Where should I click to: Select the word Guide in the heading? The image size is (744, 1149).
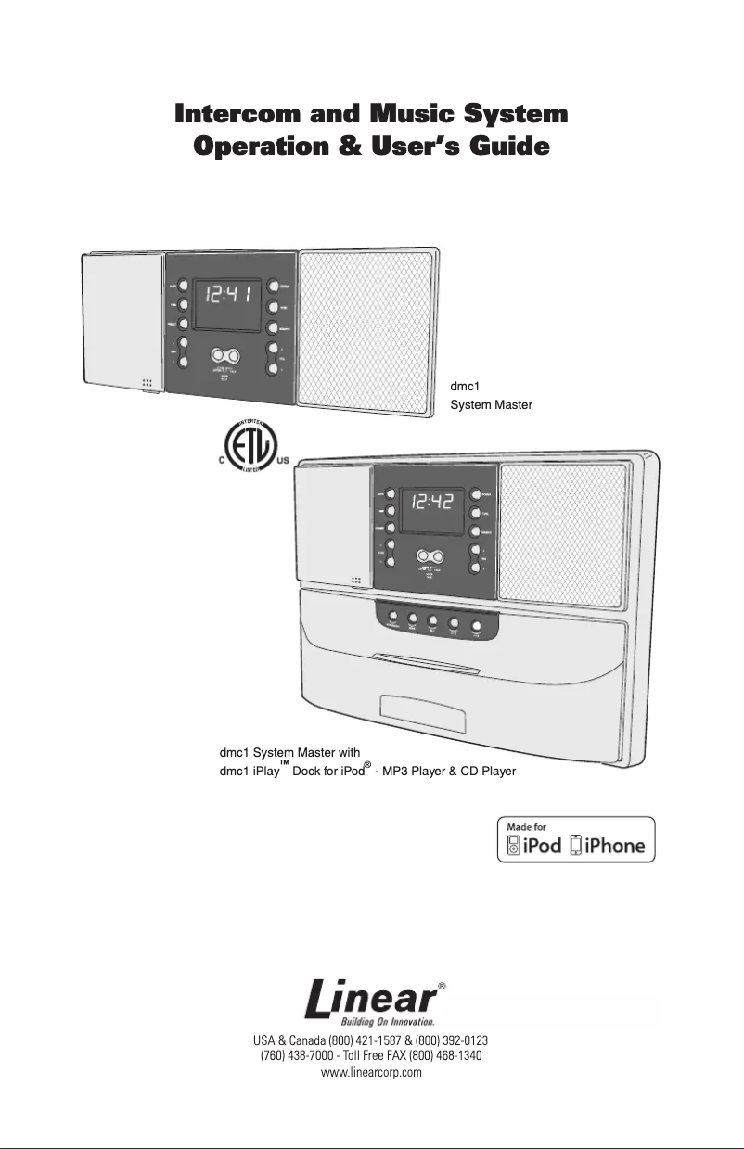(511, 147)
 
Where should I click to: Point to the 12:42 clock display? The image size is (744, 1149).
(434, 504)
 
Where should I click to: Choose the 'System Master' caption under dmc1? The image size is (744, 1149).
(491, 404)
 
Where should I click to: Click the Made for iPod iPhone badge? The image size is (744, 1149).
(575, 839)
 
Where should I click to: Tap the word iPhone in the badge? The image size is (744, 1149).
(613, 845)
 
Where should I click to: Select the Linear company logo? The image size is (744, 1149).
(371, 1002)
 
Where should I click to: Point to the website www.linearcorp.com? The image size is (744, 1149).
(371, 1072)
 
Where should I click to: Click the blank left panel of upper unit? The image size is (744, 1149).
(122, 320)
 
